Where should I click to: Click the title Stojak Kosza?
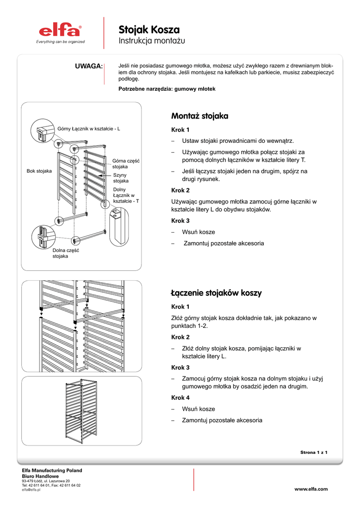coord(149,30)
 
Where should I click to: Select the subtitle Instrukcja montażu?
coord(151,41)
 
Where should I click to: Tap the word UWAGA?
coord(88,66)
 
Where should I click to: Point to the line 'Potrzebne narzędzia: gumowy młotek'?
coord(167,89)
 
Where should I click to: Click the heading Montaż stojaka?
coord(200,116)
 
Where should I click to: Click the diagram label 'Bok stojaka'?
coord(39,171)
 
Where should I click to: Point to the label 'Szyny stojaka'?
coord(121,178)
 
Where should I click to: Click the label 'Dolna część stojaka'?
coord(66,254)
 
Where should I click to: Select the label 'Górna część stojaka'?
coord(126,164)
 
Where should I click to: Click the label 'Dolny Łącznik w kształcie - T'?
coord(126,195)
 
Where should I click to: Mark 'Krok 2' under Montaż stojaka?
coord(180,190)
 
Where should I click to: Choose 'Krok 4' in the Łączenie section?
coord(180,398)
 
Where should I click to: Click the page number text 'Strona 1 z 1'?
coord(314,452)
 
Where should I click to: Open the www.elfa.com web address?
coord(311,489)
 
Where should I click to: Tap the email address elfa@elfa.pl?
coord(31,490)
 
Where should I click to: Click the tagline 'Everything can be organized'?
coord(60,42)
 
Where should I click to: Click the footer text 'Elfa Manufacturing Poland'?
coord(52,470)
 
